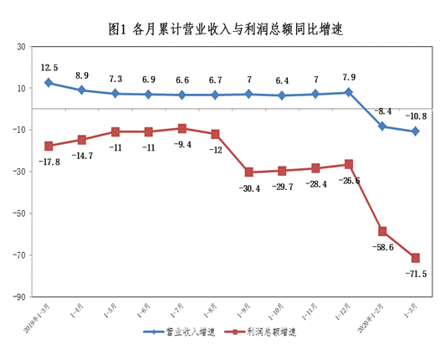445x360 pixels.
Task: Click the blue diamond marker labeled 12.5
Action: pyautogui.click(x=49, y=83)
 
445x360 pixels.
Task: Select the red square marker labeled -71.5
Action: pyautogui.click(x=415, y=258)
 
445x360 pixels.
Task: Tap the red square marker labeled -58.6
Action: pyautogui.click(x=382, y=231)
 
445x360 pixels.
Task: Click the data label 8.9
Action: pyautogui.click(x=82, y=75)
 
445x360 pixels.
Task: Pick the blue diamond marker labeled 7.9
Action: pyautogui.click(x=349, y=92)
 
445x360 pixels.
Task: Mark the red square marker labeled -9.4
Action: pyautogui.click(x=182, y=128)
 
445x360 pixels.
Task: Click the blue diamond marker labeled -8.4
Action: pyautogui.click(x=382, y=126)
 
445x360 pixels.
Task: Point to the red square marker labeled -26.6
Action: pyautogui.click(x=349, y=164)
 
